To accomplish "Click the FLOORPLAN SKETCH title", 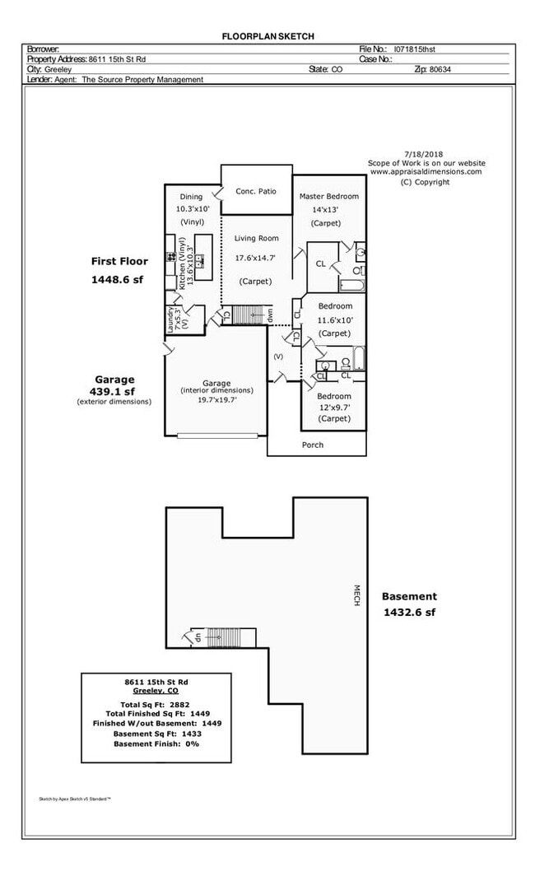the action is [x=267, y=36].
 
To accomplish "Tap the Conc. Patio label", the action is [x=256, y=191].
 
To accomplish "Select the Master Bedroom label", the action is [x=329, y=196].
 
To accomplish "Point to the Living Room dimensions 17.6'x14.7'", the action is [x=255, y=259].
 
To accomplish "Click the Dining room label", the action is [x=191, y=198].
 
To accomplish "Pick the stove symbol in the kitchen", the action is [x=170, y=257].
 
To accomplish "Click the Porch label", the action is [x=313, y=445].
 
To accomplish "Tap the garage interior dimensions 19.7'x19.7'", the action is [x=216, y=400].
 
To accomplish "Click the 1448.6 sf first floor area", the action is [x=118, y=279].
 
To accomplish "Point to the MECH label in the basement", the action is [x=356, y=595].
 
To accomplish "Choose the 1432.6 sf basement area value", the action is [x=409, y=613].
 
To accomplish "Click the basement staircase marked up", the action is [x=223, y=637].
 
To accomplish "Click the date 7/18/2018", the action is [x=423, y=154].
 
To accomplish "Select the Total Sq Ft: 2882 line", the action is [x=155, y=705].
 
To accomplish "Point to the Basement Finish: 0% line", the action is [x=156, y=743].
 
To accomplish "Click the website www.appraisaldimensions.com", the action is [x=426, y=172].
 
